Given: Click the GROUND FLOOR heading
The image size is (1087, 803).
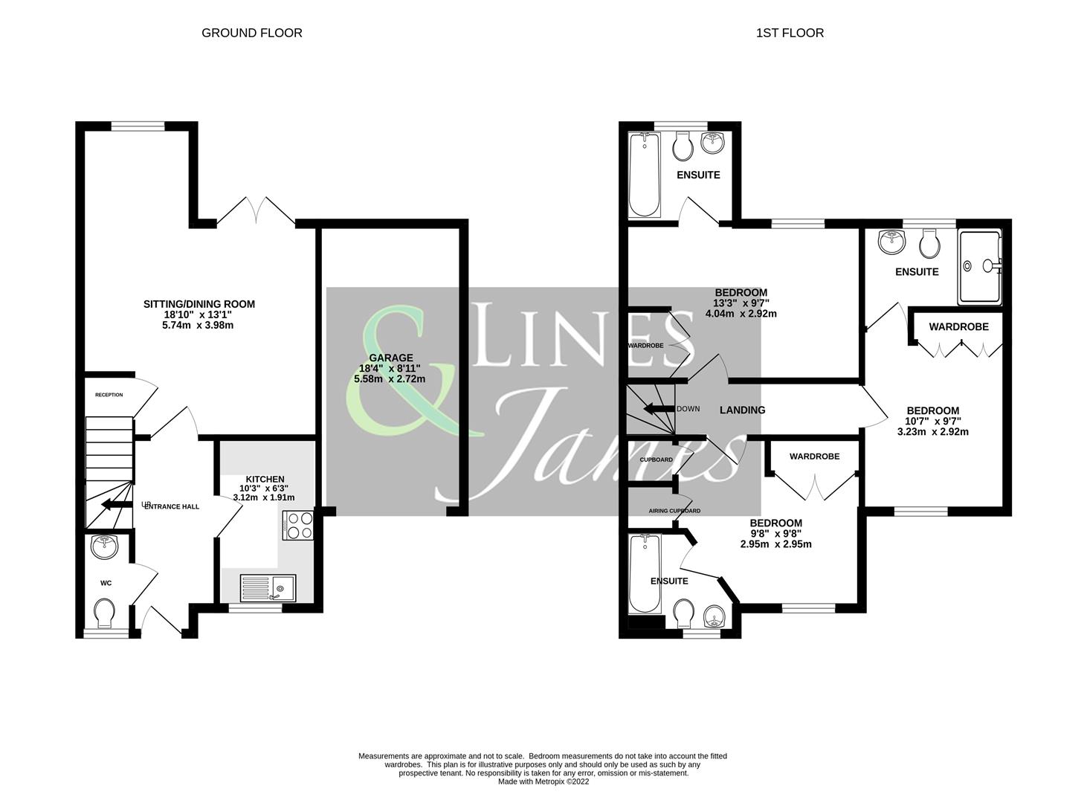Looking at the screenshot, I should pos(251,33).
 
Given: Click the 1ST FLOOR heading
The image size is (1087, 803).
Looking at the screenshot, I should pos(790,33).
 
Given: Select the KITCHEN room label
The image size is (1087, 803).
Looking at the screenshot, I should pos(265,479).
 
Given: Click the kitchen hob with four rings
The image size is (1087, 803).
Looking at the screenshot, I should pos(300,525).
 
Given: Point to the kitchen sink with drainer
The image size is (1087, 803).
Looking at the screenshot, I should pos(268,587).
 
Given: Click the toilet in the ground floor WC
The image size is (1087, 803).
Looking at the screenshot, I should pos(105,614).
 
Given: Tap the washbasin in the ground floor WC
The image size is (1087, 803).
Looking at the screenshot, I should pos(105,548).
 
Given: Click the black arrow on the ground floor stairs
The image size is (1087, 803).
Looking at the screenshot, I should pos(112,506).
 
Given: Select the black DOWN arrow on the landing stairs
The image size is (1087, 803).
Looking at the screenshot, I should pos(657,409).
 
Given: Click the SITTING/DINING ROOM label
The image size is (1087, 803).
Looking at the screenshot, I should pos(199,304).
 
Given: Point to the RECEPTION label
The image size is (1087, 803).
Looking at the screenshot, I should pos(109,395).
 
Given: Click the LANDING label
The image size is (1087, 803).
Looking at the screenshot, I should pos(742,410).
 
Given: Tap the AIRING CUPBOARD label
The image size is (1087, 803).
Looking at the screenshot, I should pos(674,511).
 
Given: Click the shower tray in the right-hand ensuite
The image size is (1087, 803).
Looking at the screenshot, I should pos(979,267).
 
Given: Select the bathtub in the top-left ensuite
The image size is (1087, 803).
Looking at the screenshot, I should pos(643,175).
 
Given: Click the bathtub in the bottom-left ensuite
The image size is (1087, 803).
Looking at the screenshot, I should pos(642,574).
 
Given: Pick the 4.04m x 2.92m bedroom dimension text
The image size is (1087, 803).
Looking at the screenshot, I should pos(741,314).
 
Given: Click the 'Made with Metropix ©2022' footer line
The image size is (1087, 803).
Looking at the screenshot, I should pos(543,781).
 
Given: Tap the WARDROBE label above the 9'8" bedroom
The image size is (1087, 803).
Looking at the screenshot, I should pos(814,456).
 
